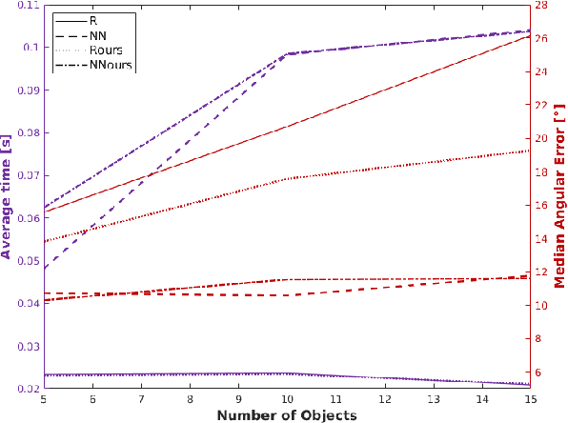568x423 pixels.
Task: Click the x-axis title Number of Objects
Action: tap(286, 415)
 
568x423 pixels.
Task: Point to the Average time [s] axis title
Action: tap(8, 197)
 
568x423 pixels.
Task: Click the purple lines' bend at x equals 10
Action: tap(287, 54)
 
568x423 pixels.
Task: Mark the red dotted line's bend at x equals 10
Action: tap(287, 178)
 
